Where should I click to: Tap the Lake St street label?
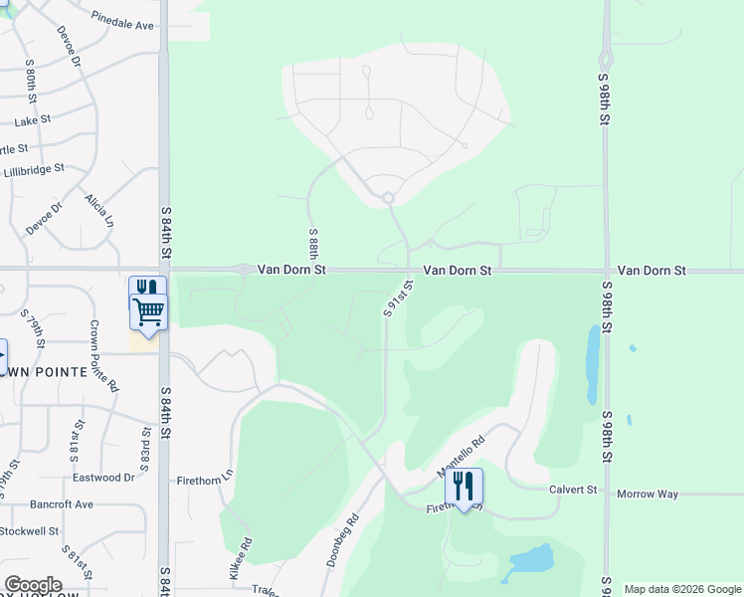click(x=33, y=121)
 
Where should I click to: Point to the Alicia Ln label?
click(x=99, y=211)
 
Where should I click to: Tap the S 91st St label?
click(x=398, y=298)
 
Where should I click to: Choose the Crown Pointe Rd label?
click(x=104, y=355)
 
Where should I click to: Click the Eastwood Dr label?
click(x=102, y=478)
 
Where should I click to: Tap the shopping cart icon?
click(x=148, y=311)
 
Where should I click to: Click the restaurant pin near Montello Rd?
click(x=464, y=487)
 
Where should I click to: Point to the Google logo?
click(x=33, y=585)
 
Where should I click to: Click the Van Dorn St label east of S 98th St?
click(x=651, y=270)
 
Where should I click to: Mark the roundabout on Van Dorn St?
click(x=244, y=269)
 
